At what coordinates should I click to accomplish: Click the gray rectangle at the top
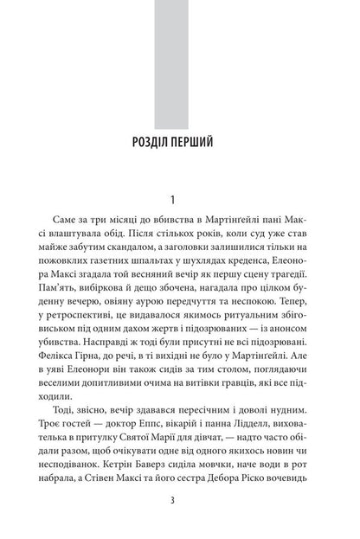(179, 56)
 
